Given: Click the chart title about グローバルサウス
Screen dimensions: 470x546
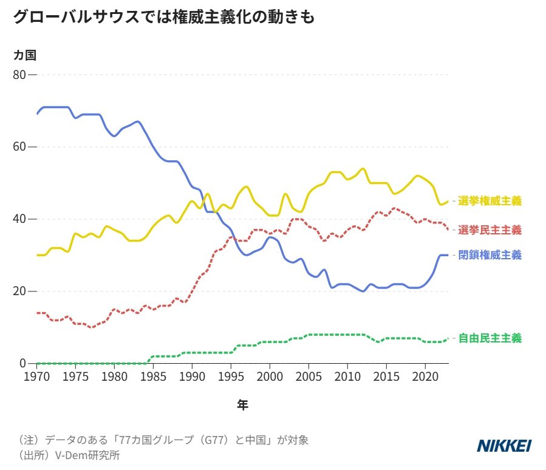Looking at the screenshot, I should (164, 17).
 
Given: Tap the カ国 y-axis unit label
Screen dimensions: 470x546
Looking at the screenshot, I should (25, 55).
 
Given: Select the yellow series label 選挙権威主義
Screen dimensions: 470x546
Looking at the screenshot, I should (490, 201).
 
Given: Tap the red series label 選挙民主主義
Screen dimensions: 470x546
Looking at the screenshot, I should (490, 230).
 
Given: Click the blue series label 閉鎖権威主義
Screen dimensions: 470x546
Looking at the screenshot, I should (490, 255).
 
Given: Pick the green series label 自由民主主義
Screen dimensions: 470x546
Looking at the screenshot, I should (490, 338).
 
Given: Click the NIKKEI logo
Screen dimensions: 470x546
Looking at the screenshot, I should (504, 446).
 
